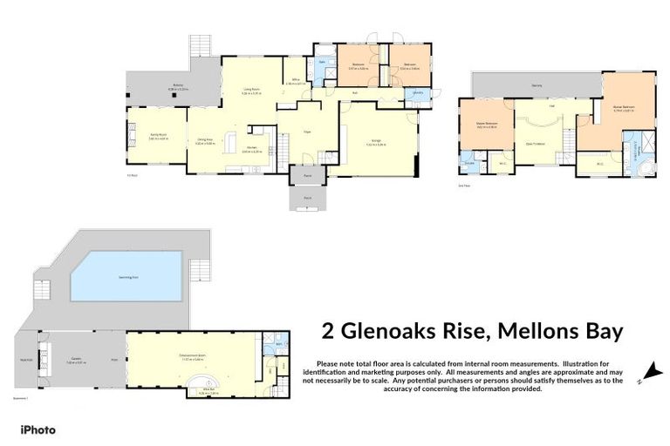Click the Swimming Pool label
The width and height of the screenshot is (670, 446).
click(126, 277)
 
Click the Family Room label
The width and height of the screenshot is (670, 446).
click(158, 136)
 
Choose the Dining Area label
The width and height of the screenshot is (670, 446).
click(204, 142)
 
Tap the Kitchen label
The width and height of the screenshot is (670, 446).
click(251, 150)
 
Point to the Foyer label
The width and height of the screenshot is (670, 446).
click(307, 132)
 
